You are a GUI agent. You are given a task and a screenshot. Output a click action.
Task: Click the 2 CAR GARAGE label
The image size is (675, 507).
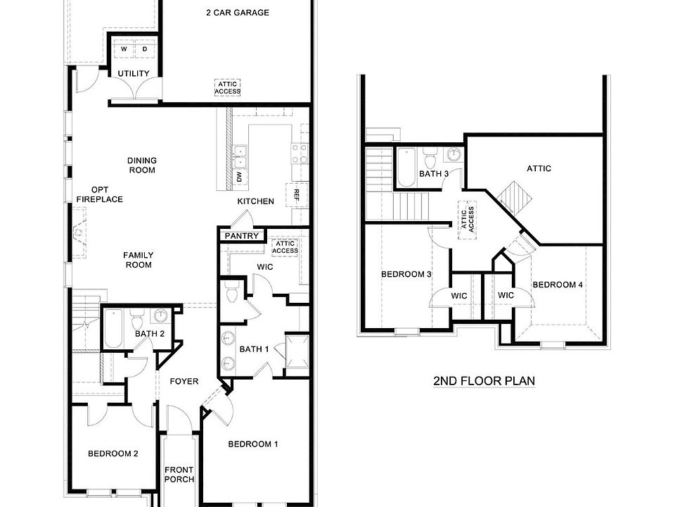[237, 13]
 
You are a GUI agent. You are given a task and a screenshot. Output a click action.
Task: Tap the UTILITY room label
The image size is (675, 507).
[133, 73]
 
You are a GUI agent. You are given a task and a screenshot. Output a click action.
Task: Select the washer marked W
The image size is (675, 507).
[124, 50]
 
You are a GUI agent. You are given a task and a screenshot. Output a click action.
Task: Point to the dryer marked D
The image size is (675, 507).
[145, 50]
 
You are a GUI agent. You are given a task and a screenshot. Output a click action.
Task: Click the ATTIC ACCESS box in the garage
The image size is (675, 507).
[228, 87]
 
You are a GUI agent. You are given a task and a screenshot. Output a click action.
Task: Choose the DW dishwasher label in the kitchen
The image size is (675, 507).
[239, 178]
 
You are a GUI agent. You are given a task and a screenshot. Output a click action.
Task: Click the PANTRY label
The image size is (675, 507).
[241, 236]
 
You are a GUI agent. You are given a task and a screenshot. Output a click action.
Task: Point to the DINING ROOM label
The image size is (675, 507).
[141, 165]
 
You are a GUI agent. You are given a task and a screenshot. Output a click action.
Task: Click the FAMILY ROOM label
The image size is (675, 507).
[139, 260]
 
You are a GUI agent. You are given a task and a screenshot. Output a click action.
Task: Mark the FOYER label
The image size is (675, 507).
[184, 382]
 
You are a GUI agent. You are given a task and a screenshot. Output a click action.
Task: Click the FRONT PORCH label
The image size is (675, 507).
[179, 475]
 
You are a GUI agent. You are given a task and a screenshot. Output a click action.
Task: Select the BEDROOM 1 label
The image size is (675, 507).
[253, 444]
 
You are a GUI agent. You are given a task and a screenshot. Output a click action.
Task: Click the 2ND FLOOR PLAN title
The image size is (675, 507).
[484, 381]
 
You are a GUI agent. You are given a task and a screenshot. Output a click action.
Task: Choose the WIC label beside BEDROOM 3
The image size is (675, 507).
[459, 296]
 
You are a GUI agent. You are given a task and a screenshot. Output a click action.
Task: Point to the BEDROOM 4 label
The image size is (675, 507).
[558, 284]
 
